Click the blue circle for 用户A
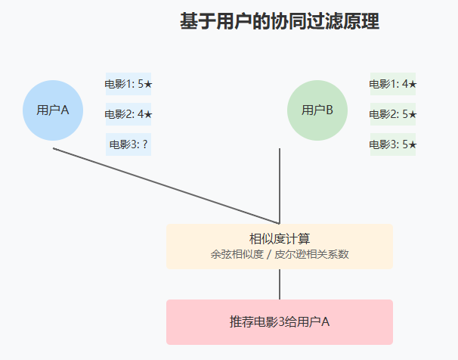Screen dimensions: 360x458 (53, 110)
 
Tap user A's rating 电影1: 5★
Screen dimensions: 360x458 (128, 84)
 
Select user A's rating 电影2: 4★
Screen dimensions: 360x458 (128, 114)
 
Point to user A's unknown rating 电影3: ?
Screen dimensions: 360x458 (128, 144)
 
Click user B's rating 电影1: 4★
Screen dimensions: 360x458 (393, 84)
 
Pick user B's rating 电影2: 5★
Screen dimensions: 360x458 (393, 114)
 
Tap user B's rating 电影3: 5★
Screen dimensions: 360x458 (393, 144)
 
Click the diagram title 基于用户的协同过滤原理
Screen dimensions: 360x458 (280, 22)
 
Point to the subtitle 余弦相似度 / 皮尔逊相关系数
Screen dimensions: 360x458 (280, 255)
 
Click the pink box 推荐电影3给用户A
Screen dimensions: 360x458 (280, 322)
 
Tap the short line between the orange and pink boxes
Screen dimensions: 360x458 (280, 284)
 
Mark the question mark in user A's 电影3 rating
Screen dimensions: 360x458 (144, 144)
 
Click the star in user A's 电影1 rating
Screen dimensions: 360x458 (148, 84)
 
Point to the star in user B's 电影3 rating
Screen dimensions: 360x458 (413, 144)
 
